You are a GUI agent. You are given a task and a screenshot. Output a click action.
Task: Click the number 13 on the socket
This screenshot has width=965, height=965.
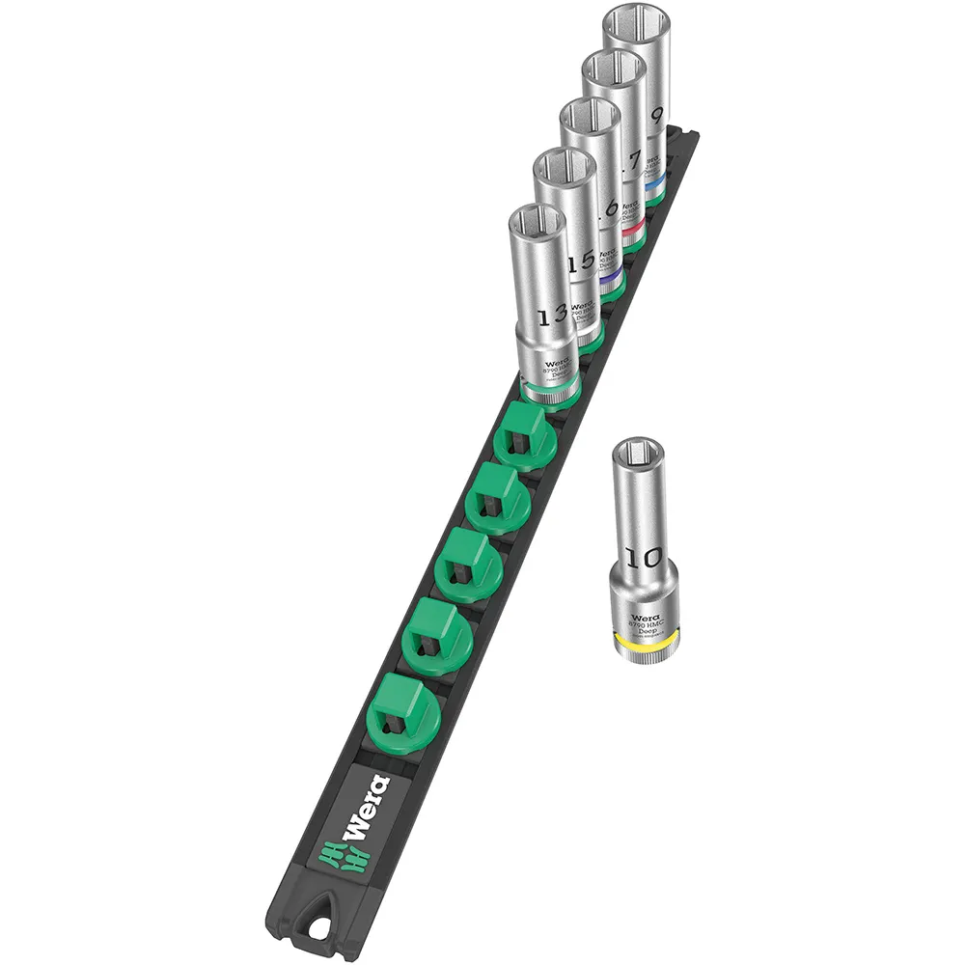click(551, 316)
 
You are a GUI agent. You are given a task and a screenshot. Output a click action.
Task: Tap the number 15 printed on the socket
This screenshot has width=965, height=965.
click(581, 262)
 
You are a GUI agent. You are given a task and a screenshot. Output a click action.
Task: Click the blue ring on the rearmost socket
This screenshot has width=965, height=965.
click(656, 179)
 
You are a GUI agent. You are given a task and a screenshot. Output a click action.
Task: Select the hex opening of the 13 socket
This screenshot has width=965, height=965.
click(537, 225)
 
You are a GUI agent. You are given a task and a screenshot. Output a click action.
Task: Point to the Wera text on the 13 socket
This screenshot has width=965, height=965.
click(558, 358)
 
